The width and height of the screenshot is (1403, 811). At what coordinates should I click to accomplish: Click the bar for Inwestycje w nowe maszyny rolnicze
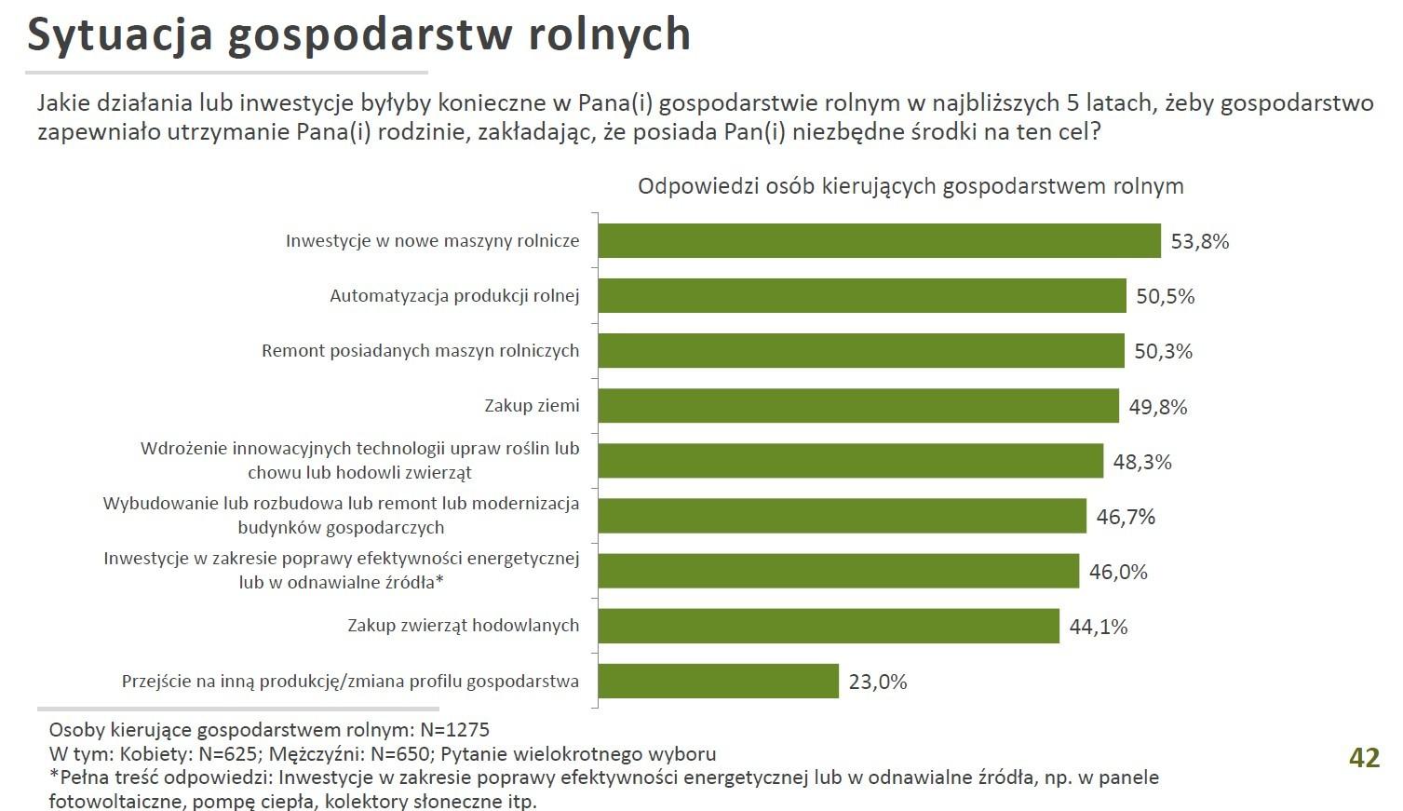[879, 241]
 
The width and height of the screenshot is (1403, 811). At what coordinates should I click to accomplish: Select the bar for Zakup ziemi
[858, 406]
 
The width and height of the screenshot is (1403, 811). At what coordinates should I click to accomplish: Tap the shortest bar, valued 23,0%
[718, 682]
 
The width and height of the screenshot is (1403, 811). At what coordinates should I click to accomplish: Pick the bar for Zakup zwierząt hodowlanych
[829, 626]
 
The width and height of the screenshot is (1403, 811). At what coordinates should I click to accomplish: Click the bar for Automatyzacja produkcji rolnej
[862, 296]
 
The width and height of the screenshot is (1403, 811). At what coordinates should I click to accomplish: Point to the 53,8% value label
[1199, 242]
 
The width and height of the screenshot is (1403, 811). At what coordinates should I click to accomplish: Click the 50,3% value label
[1163, 352]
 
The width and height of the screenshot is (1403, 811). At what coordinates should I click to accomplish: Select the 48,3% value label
[1141, 462]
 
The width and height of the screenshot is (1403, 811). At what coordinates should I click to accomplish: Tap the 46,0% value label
[1117, 572]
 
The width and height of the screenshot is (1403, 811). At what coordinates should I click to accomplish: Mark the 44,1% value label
[1098, 627]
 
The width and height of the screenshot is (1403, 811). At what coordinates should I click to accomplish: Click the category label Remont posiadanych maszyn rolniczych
[420, 351]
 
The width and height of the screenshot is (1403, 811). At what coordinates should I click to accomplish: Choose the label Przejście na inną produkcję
[350, 682]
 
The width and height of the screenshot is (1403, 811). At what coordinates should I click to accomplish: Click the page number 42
[1364, 758]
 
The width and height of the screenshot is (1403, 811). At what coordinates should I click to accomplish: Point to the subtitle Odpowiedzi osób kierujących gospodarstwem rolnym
[910, 186]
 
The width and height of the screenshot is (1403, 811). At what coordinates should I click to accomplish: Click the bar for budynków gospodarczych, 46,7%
[842, 516]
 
